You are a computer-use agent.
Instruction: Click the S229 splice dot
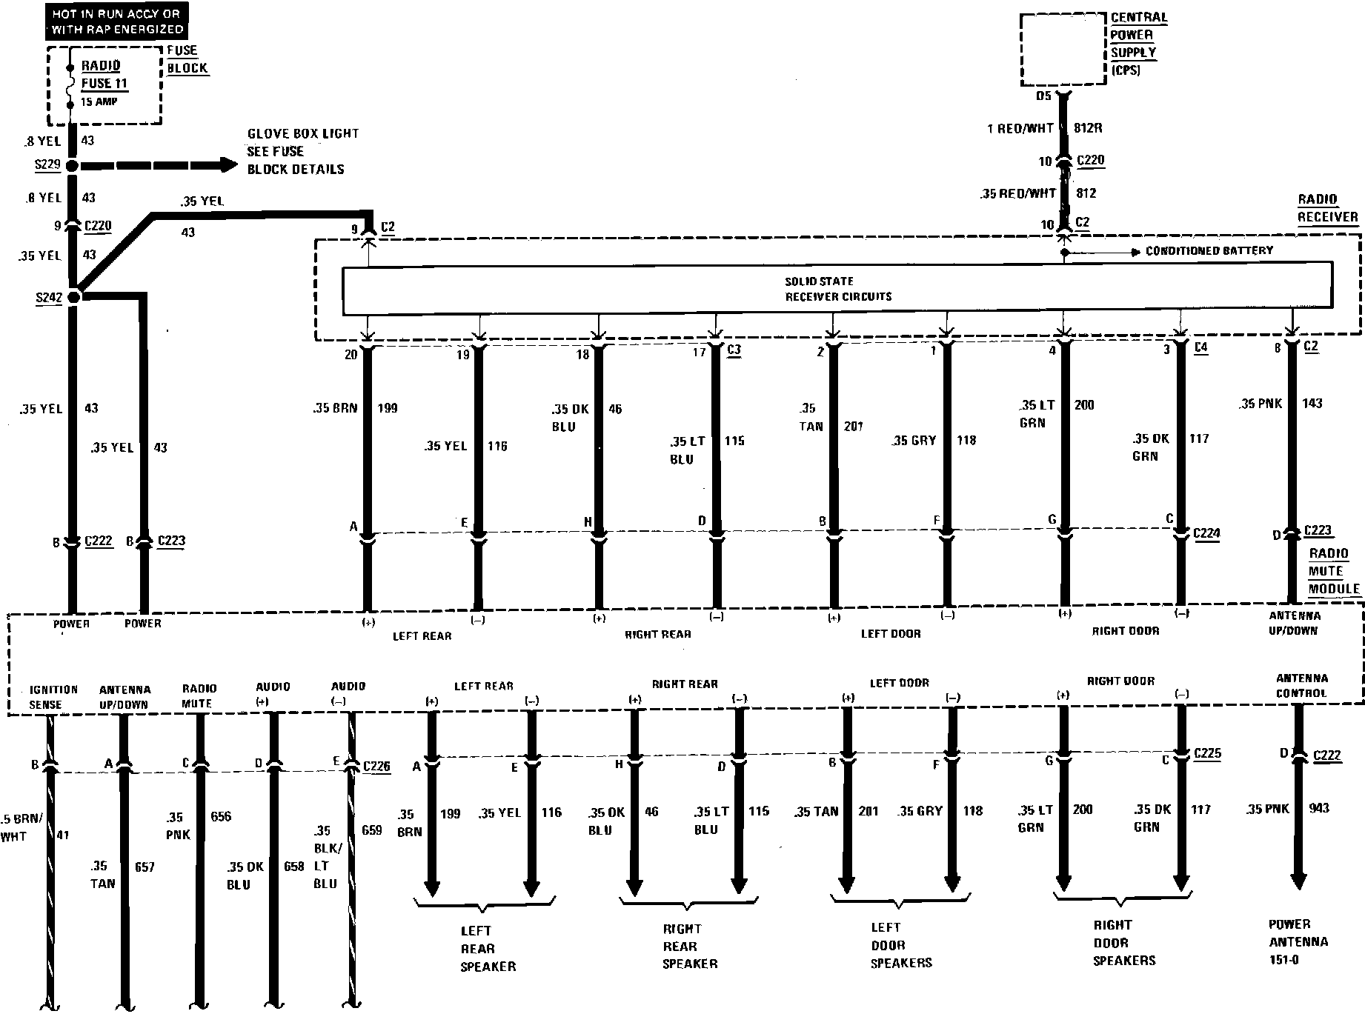pos(72,166)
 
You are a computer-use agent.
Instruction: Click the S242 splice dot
pos(73,297)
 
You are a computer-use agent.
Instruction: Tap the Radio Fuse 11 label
pos(104,75)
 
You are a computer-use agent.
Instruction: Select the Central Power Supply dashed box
pos(1063,50)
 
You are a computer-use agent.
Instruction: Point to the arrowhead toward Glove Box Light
pos(227,165)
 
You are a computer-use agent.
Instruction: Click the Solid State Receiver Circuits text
pos(838,289)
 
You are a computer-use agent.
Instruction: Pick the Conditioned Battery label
pos(1209,251)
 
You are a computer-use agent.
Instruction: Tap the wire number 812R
pos(1087,128)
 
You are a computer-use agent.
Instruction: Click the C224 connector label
pos(1206,533)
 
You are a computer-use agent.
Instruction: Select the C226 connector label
pos(376,767)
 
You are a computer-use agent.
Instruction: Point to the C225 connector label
pos(1207,754)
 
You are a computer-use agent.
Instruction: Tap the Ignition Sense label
pos(53,697)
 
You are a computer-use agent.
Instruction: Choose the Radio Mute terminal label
pos(197,696)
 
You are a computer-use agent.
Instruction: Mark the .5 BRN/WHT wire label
pos(23,827)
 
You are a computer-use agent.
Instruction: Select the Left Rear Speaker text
pos(488,949)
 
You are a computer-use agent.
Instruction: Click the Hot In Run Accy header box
pos(116,21)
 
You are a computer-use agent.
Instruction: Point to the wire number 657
pos(145,867)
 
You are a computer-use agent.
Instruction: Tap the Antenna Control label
pos(1301,686)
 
